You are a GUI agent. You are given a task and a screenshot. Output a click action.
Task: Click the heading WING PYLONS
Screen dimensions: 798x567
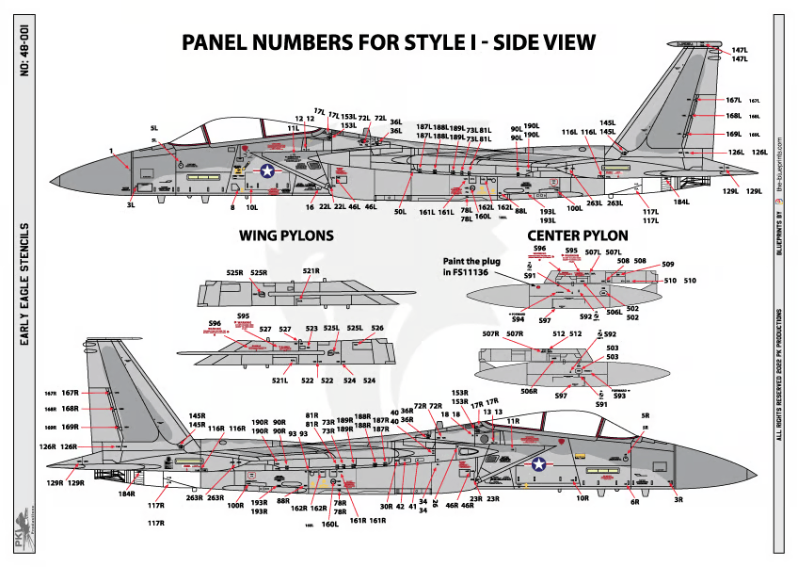287,235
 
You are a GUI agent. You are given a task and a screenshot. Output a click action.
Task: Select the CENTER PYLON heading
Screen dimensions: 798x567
579,235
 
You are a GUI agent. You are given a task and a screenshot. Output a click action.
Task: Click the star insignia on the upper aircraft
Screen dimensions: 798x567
267,170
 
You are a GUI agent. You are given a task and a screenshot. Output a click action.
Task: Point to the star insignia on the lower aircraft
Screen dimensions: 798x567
539,463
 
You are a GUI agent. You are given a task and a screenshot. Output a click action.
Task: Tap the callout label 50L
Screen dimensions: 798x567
400,213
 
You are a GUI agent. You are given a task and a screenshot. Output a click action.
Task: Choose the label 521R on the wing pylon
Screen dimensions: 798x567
311,272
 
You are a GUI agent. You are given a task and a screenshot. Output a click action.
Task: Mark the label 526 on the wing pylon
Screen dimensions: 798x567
377,328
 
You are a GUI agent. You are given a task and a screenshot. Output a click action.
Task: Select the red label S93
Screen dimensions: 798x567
619,397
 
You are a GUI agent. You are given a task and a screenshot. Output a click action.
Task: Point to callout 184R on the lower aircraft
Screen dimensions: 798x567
127,493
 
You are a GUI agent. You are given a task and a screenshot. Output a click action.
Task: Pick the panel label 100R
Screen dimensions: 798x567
235,505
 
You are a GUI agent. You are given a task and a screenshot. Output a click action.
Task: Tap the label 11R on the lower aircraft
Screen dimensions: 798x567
513,421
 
